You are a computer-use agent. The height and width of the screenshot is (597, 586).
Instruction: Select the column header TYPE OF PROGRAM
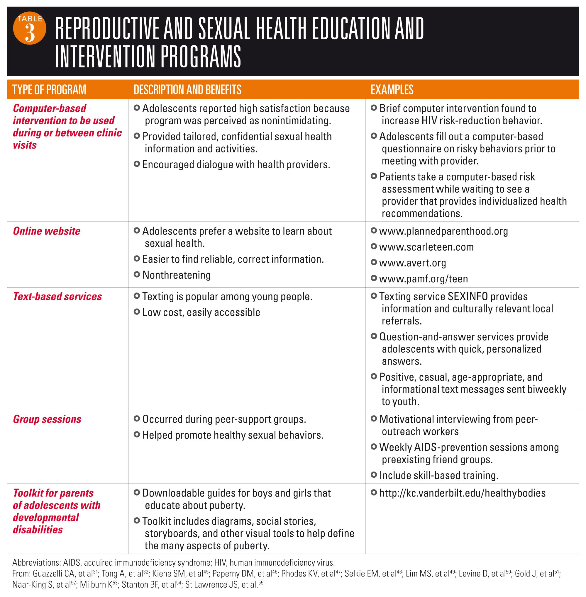49,89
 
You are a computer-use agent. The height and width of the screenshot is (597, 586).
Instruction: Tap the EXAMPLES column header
392,89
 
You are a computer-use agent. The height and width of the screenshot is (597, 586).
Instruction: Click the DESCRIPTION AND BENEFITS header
187,89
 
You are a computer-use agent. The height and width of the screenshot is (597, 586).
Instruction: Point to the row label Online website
46,231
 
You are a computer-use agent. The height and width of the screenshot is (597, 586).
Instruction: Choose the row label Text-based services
57,296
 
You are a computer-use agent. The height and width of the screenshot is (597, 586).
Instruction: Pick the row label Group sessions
47,419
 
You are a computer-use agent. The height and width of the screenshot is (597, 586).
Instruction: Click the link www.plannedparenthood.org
443,231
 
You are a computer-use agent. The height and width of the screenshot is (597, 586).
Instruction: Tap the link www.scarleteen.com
426,247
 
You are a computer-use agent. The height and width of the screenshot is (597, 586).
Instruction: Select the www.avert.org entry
412,263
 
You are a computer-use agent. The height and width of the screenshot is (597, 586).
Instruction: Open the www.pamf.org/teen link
424,279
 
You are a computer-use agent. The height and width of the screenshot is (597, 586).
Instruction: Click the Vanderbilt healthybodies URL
462,493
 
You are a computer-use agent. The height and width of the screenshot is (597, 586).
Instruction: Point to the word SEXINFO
468,296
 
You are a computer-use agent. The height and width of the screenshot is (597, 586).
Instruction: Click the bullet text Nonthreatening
176,275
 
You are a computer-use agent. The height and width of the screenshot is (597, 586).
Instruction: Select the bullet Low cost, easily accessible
201,312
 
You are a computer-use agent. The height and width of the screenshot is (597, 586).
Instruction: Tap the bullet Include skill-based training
438,475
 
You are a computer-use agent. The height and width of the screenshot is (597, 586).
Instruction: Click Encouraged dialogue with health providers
236,164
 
